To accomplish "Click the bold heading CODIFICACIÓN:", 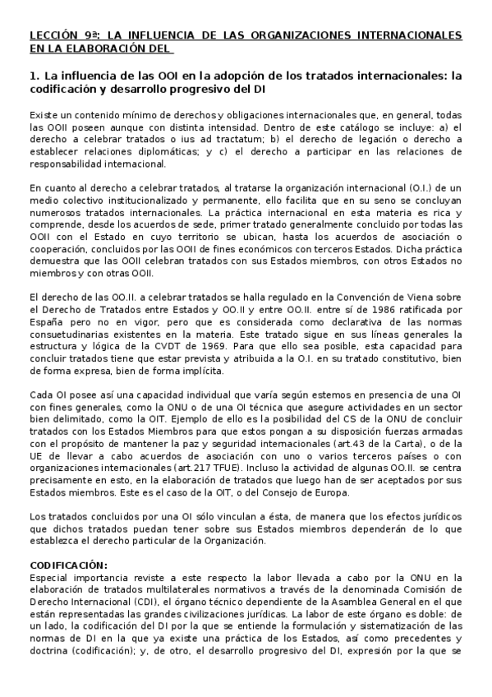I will [x=68, y=566].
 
